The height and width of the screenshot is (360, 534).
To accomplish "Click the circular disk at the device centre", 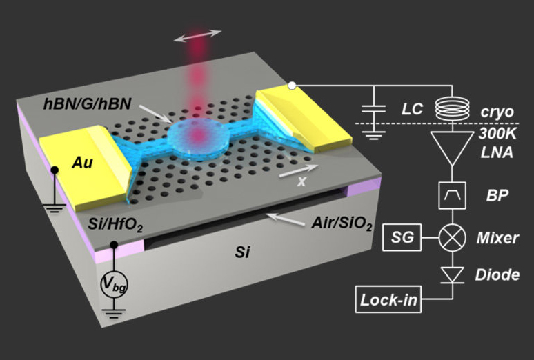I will pos(199,137).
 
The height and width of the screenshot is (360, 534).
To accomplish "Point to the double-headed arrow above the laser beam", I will pos(198,35).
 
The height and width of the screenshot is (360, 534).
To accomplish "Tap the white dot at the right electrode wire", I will pos(293,86).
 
